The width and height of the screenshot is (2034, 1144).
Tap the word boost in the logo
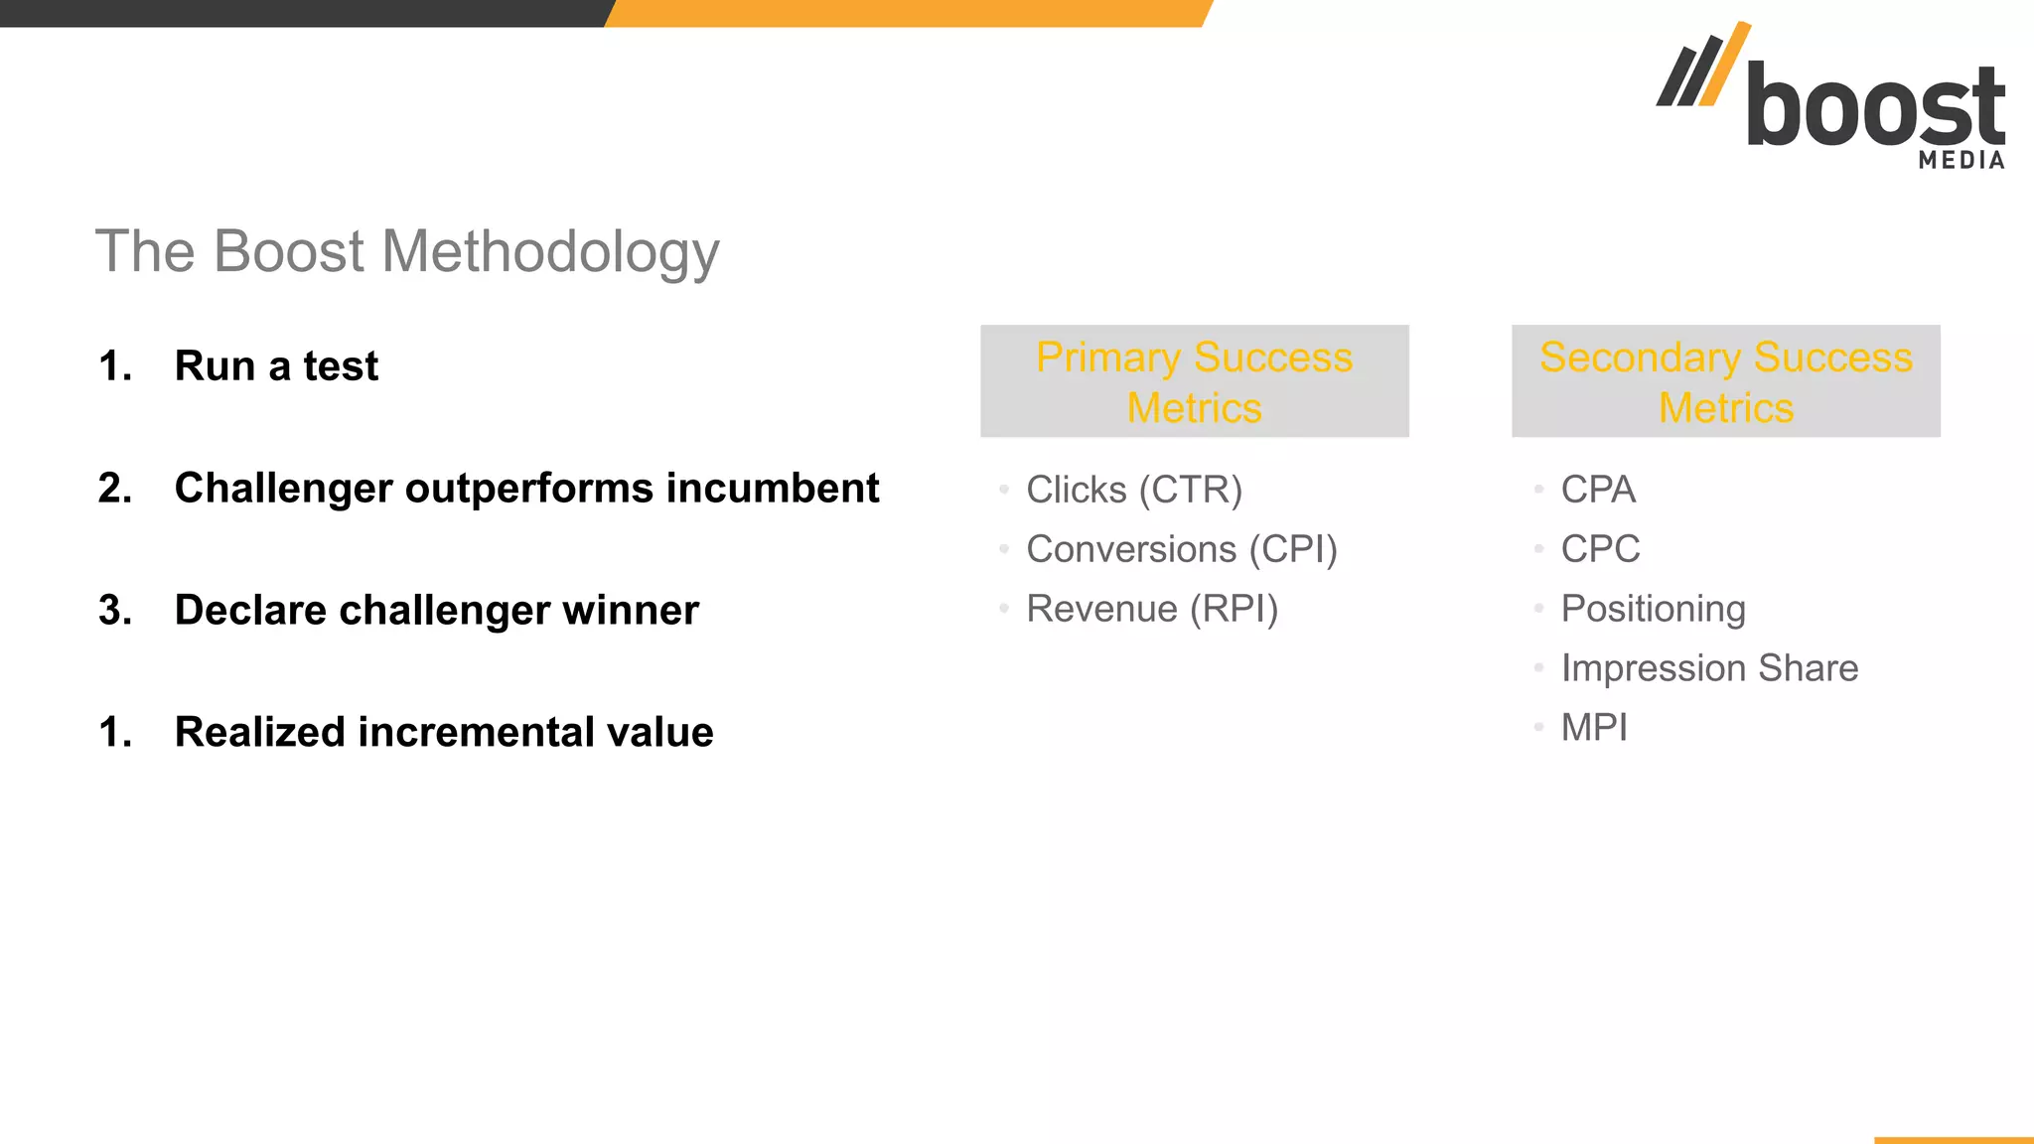[x=1875, y=106]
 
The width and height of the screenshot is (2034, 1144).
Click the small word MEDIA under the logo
[x=1961, y=160]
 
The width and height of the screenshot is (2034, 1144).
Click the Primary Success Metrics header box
[x=1194, y=381]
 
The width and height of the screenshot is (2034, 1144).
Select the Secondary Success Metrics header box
[x=1725, y=381]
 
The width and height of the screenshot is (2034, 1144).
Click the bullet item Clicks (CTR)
[x=1134, y=490]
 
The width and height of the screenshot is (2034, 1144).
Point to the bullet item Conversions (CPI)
[x=1181, y=549]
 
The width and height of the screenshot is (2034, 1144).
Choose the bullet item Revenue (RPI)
[x=1152, y=609]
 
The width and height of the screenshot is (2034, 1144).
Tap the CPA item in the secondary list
[x=1597, y=490]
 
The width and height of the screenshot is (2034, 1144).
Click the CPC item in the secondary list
[x=1600, y=549]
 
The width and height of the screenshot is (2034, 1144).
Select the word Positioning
[x=1653, y=609]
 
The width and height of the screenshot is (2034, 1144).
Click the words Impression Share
[x=1709, y=668]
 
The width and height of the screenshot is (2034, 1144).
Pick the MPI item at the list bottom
[x=1594, y=728]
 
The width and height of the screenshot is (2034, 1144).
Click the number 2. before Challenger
[x=115, y=488]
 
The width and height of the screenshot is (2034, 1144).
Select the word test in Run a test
[x=341, y=366]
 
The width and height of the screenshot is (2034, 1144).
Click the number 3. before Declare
[x=115, y=610]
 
